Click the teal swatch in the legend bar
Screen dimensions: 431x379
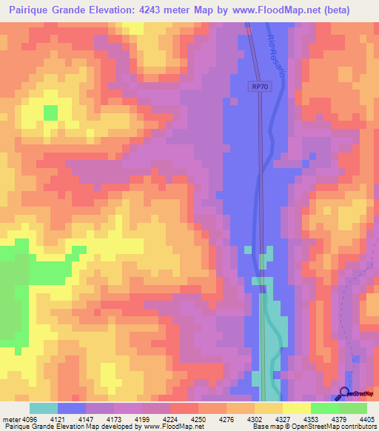[44, 408]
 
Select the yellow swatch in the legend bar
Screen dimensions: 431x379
[296, 408]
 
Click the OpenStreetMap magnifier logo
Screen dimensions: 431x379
[345, 393]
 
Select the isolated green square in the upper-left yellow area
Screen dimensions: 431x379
[50, 113]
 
